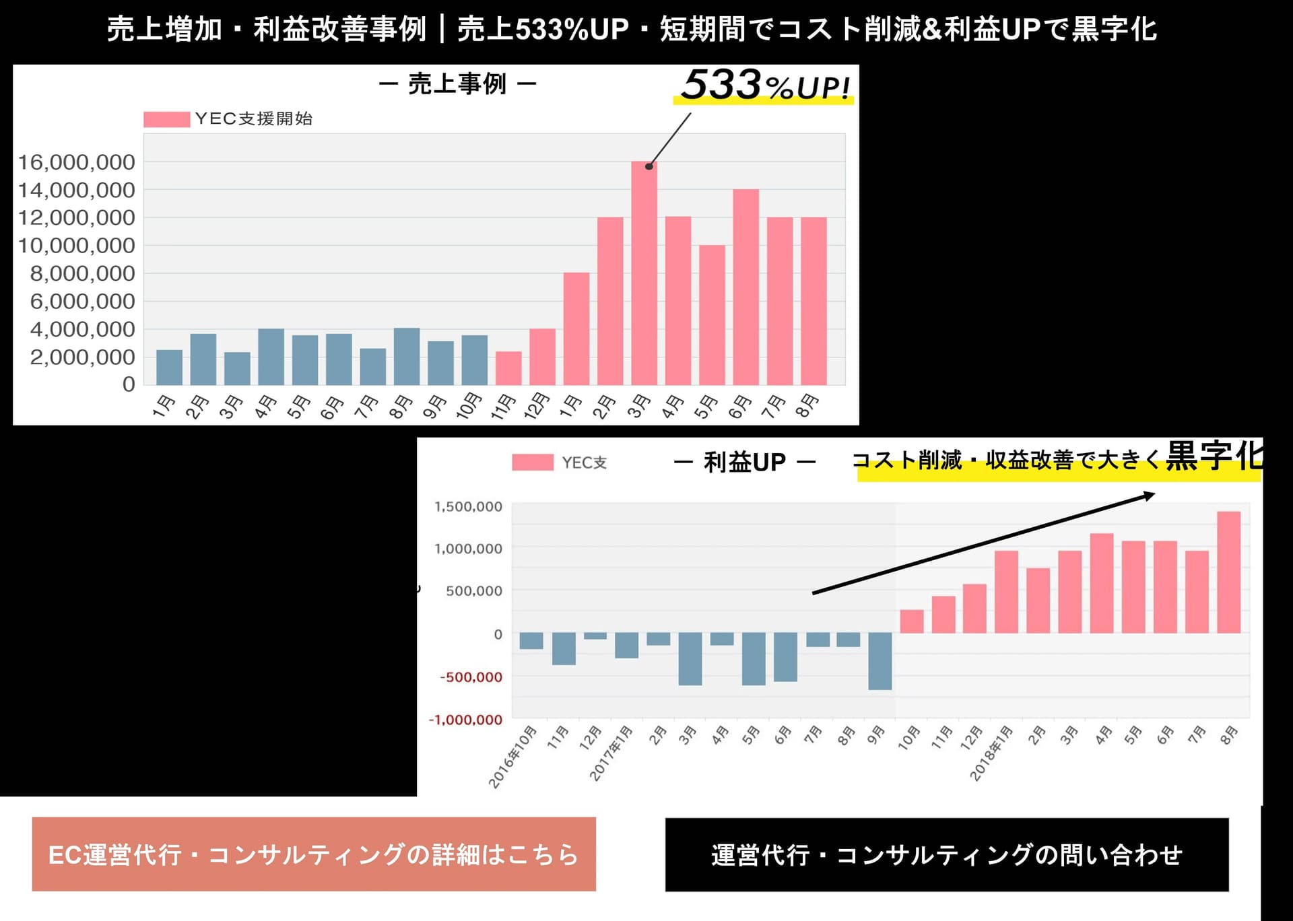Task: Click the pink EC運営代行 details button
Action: (314, 854)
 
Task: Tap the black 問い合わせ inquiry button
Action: (947, 855)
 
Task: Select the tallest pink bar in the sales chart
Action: (644, 273)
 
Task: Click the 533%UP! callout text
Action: (765, 86)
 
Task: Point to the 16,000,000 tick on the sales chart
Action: (76, 162)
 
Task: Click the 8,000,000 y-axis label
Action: (82, 273)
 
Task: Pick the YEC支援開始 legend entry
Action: (229, 119)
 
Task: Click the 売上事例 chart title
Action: (457, 84)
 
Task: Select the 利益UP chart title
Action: (745, 462)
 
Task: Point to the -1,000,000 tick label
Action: (465, 720)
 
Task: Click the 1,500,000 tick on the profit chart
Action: (468, 506)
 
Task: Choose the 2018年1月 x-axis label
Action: (991, 753)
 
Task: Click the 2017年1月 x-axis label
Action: (611, 753)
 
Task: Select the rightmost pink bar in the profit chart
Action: (1228, 572)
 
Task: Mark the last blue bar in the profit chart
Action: (880, 660)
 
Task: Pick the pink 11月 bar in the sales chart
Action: (508, 368)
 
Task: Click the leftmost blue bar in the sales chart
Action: (169, 368)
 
